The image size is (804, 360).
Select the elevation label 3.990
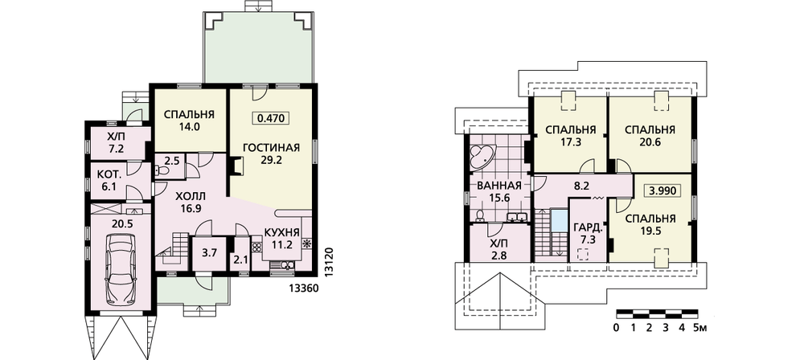pyautogui.click(x=662, y=190)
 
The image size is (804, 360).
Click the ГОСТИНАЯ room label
pyautogui.click(x=271, y=148)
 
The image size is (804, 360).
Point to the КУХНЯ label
pyautogui.click(x=282, y=233)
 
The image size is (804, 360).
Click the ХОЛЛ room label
pyautogui.click(x=190, y=196)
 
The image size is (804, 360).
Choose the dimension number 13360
pyautogui.click(x=305, y=288)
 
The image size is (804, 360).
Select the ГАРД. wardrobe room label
pyautogui.click(x=585, y=227)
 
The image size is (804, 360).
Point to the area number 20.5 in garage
pyautogui.click(x=121, y=223)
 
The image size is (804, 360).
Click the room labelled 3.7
pyautogui.click(x=211, y=252)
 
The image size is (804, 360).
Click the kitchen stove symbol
pyautogui.click(x=307, y=243)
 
